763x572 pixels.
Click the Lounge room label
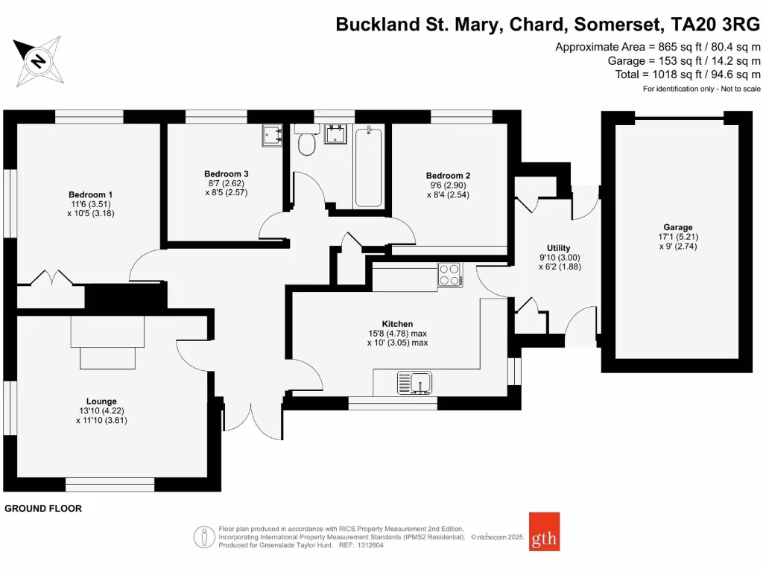tap(101, 401)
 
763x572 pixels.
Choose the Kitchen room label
tap(397, 324)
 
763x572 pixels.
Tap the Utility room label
tap(558, 248)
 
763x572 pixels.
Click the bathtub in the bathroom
tap(368, 167)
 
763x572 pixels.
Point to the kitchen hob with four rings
tap(449, 275)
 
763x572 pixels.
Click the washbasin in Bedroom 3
tap(272, 136)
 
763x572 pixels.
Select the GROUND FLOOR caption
tap(43, 509)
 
